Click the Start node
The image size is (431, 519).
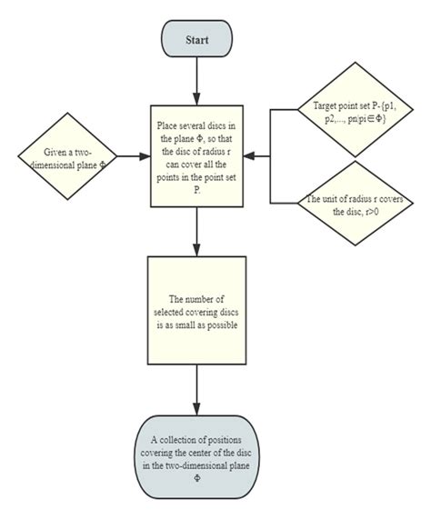click(x=196, y=41)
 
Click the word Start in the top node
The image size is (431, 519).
click(x=196, y=41)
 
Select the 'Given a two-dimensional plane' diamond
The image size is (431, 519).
click(x=69, y=155)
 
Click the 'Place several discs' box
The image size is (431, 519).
click(x=196, y=155)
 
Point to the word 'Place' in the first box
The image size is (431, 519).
click(x=171, y=121)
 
